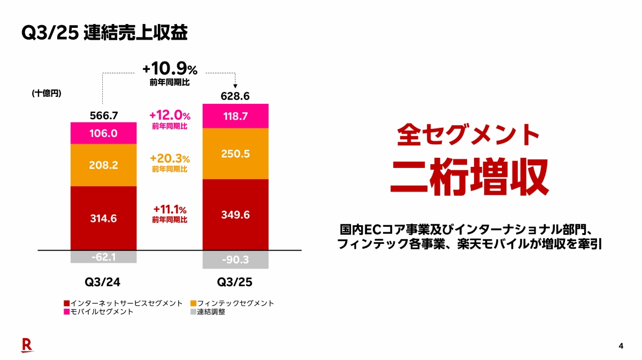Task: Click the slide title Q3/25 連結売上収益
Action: click(104, 33)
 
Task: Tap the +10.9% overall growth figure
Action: click(170, 70)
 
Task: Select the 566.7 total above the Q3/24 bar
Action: click(104, 115)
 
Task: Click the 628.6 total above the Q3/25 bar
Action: click(235, 97)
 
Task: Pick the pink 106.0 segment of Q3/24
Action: click(104, 133)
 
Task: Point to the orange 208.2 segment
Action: click(104, 165)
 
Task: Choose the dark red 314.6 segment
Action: click(104, 218)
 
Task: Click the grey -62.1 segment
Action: click(104, 257)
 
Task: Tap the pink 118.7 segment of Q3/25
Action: click(235, 116)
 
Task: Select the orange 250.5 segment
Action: click(235, 154)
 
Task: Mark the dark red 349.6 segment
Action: click(235, 215)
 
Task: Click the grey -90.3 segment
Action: click(235, 259)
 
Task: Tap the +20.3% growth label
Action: click(170, 159)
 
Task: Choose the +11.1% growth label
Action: click(170, 210)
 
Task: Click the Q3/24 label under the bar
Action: click(104, 281)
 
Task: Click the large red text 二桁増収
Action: click(469, 177)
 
